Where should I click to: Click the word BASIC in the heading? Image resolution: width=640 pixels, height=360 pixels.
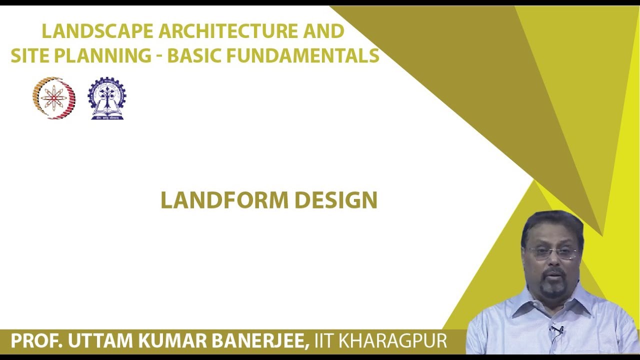[x=195, y=56]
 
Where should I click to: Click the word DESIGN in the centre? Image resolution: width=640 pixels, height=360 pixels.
[x=336, y=200]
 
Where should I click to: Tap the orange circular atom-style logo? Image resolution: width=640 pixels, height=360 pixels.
[x=54, y=97]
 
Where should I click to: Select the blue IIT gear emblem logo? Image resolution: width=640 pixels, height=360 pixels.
[x=107, y=98]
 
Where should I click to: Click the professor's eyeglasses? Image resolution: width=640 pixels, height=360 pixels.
[x=553, y=253]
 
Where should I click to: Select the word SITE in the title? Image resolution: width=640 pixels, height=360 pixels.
[x=30, y=56]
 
